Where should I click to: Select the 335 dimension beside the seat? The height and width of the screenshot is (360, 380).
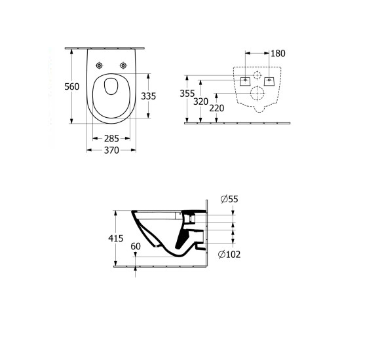[x=149, y=96]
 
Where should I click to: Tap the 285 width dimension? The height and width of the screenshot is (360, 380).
[x=111, y=138]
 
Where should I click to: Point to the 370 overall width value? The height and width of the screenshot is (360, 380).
[x=111, y=151]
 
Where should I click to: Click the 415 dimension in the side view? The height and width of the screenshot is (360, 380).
[x=116, y=239]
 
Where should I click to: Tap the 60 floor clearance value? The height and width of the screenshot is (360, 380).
[x=136, y=246]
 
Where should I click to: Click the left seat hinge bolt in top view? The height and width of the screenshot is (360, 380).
[x=100, y=65]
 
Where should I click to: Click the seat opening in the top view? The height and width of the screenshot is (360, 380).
[x=111, y=94]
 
